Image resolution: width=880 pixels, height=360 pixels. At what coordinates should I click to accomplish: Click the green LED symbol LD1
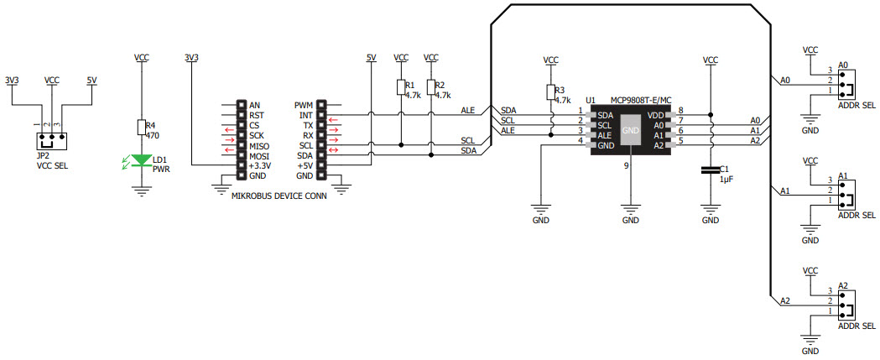(141, 159)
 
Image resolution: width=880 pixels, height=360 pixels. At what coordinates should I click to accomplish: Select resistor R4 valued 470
(141, 127)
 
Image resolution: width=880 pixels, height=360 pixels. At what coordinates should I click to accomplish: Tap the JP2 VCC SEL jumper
(51, 138)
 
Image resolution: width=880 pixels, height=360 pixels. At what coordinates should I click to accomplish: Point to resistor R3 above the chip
(550, 93)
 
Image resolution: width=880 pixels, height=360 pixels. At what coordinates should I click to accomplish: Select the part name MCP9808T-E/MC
(640, 99)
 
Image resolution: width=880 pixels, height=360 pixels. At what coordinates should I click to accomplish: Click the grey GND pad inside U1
(630, 130)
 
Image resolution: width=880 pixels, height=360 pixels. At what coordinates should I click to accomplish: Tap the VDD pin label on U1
(656, 114)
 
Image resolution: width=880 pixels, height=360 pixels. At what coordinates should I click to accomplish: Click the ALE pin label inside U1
(606, 134)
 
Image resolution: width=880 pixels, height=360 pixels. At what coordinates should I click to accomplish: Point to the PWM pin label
(304, 106)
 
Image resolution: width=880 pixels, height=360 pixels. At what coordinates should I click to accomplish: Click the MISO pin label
(259, 146)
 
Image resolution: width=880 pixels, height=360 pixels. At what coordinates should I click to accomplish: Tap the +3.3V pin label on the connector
(261, 166)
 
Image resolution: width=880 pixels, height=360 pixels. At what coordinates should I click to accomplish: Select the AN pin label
(254, 106)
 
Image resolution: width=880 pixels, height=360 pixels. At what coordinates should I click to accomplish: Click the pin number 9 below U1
(626, 166)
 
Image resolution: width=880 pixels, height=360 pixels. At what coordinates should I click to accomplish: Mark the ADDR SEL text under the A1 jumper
(856, 215)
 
